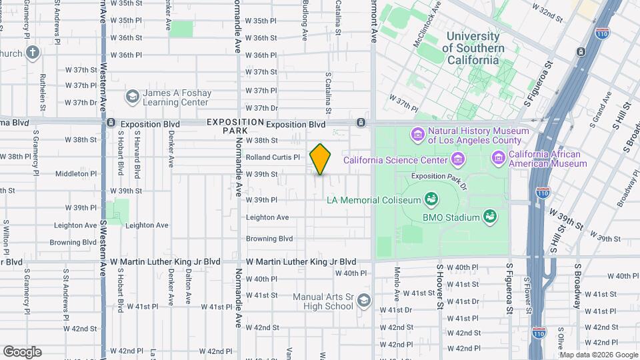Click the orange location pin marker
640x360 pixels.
(321, 159)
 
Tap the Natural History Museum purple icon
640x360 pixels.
(417, 135)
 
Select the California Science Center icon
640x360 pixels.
(457, 159)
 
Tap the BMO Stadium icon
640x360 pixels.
(490, 217)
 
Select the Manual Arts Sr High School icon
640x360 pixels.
(363, 301)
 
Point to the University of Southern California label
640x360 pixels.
(473, 48)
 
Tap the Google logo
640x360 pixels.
(22, 352)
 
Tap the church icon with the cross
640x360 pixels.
(32, 52)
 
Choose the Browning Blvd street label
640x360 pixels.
(269, 239)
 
